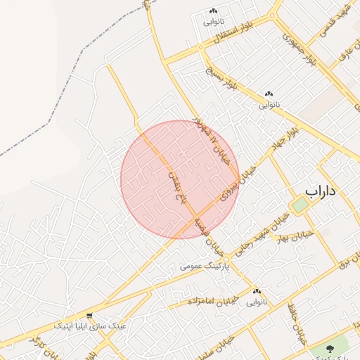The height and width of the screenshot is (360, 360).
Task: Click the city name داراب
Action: pyautogui.click(x=322, y=191)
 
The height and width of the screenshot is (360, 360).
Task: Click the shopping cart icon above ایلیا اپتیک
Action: pyautogui.click(x=89, y=316)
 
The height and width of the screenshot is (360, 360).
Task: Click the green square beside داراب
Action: pyautogui.click(x=300, y=205)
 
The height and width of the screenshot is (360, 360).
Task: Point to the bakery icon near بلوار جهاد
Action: pyautogui.click(x=269, y=94)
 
